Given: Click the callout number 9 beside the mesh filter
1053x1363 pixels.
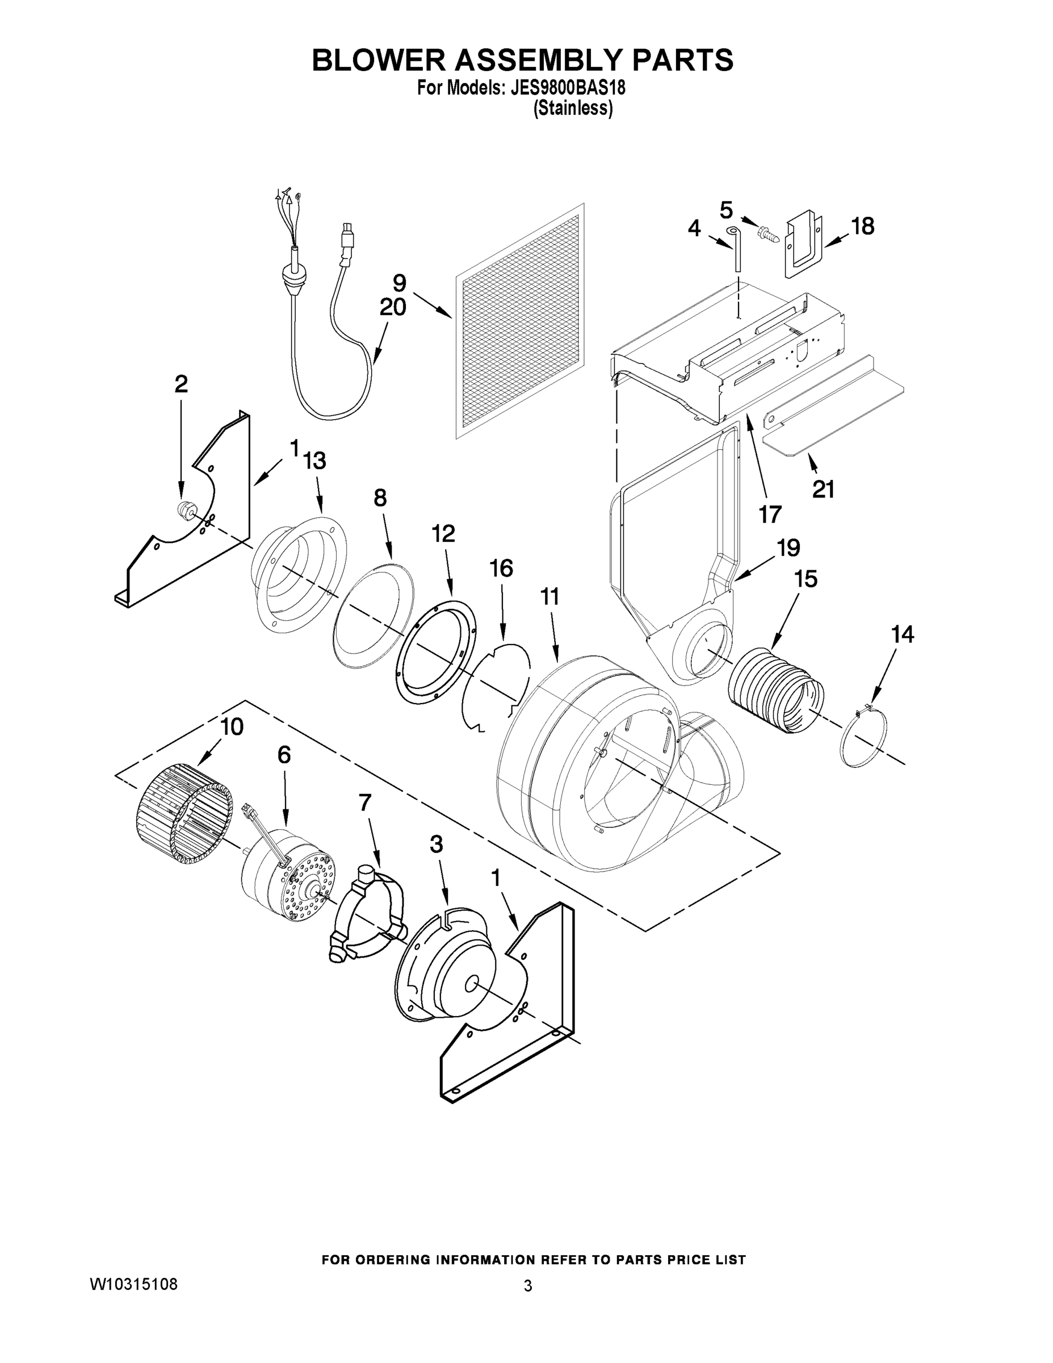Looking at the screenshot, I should point(399,283).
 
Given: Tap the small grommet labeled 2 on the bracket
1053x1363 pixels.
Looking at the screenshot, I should point(184,509).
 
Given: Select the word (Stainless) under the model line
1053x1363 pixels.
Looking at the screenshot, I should point(573,108).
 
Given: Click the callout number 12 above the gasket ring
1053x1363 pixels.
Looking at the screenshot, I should point(443,534).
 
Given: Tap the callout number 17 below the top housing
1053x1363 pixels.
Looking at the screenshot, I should point(770,514).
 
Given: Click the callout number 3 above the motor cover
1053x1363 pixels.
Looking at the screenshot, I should point(436,844).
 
